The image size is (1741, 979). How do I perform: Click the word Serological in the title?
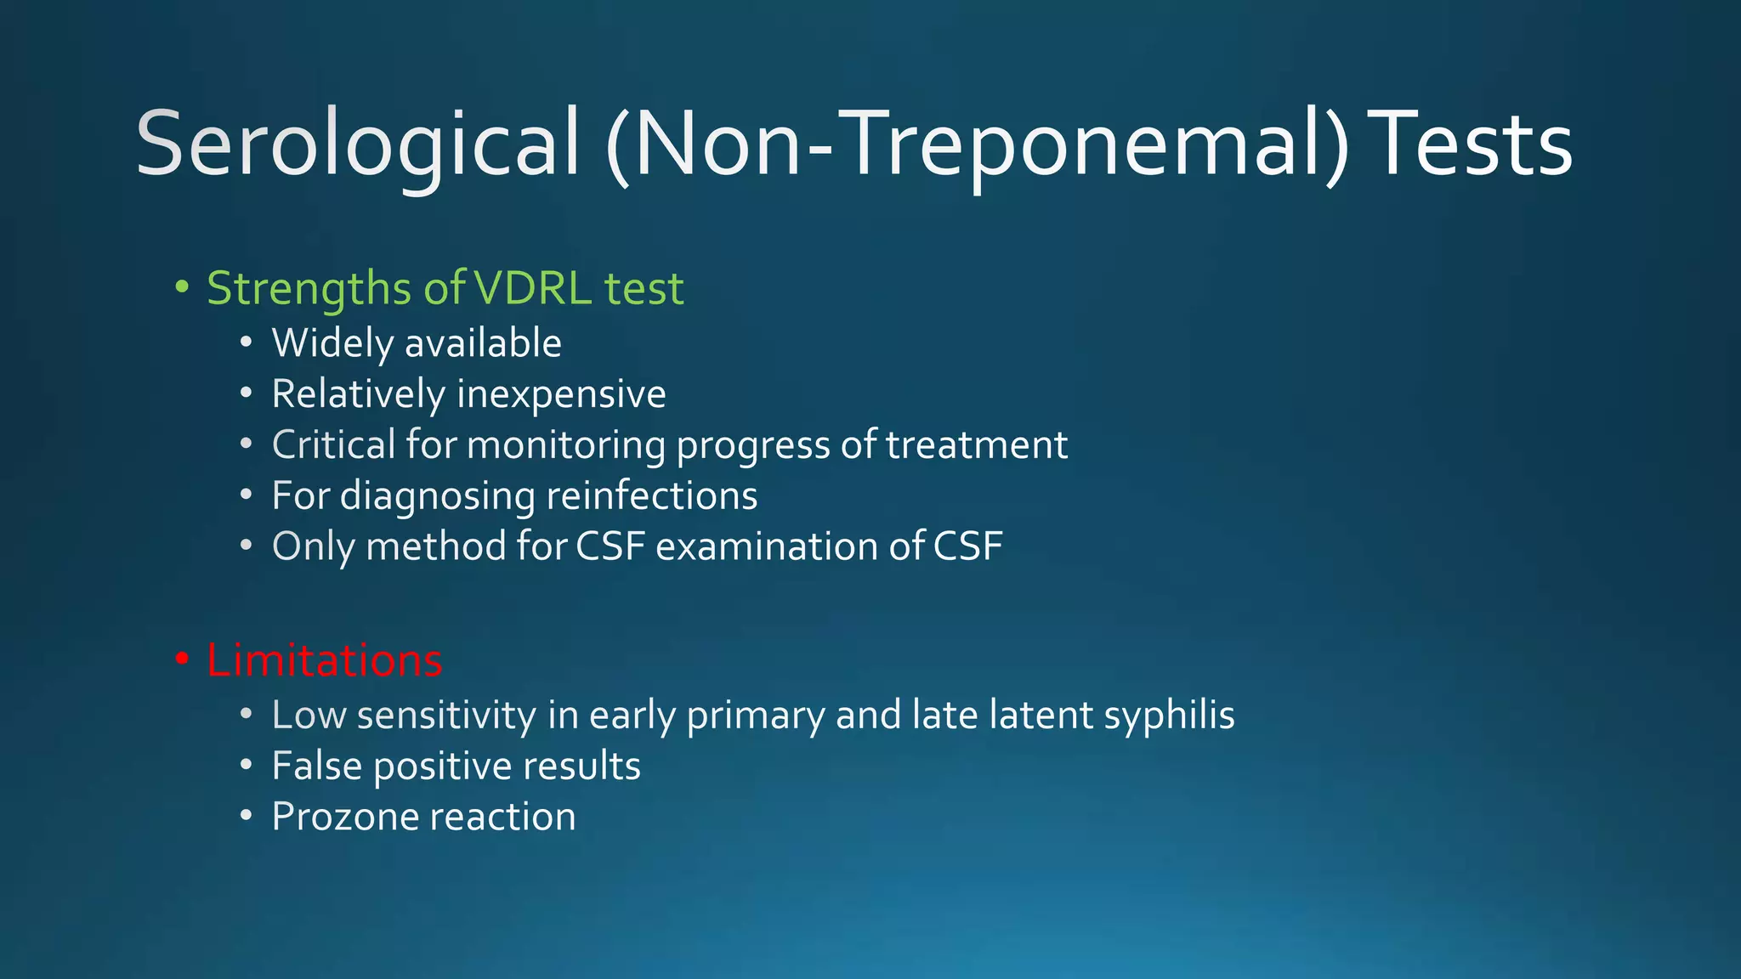tap(357, 144)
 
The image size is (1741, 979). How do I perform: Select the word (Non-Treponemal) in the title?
tap(978, 144)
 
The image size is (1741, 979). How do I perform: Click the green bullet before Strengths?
tap(181, 287)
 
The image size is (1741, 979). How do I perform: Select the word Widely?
tap(332, 344)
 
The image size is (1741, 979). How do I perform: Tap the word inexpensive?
tap(561, 395)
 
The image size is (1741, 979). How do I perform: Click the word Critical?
tap(333, 445)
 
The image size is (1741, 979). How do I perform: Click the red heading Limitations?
tap(324, 660)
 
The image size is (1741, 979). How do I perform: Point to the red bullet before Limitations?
tap(181, 660)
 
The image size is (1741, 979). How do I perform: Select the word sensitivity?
tap(446, 716)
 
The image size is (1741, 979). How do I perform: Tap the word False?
tap(317, 766)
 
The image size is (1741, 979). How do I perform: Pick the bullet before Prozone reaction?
tap(246, 817)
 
